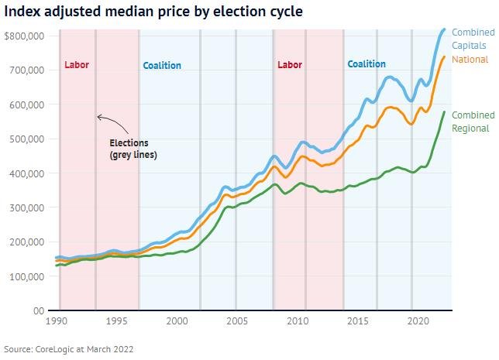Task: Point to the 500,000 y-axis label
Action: [28, 139]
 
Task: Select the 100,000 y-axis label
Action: [28, 276]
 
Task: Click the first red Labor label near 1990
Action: [77, 65]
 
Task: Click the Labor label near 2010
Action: [289, 65]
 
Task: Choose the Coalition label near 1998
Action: [162, 66]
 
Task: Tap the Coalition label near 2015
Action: [367, 65]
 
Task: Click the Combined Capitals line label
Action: [473, 39]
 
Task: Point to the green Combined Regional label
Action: [473, 122]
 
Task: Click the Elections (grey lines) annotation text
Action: [133, 149]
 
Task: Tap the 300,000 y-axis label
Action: [28, 207]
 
